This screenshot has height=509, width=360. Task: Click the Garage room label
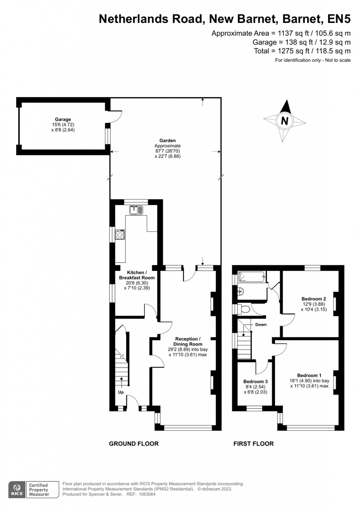63,119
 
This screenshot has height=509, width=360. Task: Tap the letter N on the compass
284,121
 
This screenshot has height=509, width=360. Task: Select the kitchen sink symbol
136,210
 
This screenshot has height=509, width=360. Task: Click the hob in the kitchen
120,234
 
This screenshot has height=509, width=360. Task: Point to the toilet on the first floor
244,309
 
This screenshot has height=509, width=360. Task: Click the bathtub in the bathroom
251,277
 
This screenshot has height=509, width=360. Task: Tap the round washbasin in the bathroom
240,291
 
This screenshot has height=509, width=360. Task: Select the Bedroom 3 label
256,381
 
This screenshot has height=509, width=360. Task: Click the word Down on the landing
261,324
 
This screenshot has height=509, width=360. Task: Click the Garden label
168,140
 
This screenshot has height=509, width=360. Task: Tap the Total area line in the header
302,51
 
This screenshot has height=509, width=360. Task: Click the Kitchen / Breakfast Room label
137,275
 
